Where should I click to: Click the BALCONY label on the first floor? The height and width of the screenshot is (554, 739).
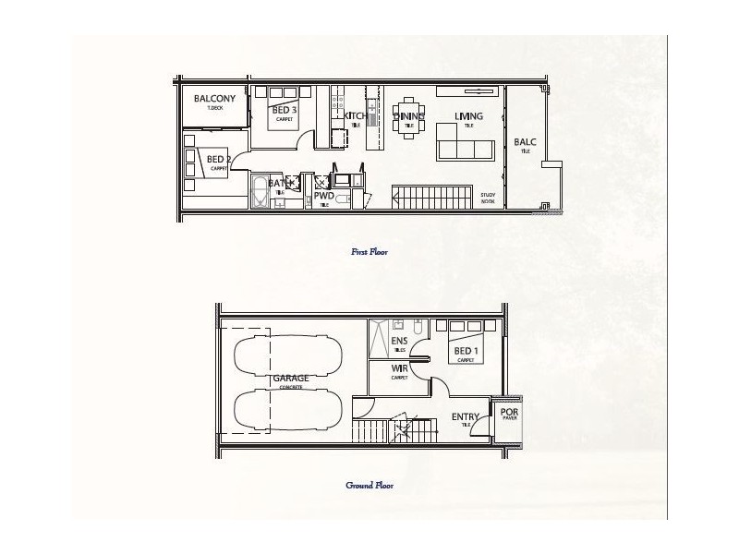click(x=214, y=99)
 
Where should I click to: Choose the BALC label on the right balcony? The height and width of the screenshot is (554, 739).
click(x=525, y=143)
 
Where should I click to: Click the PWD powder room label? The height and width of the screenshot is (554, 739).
click(x=323, y=196)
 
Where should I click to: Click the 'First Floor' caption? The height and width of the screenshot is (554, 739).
click(x=369, y=251)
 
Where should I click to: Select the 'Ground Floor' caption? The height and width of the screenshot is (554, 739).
click(x=369, y=485)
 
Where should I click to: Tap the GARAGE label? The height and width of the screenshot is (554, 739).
click(x=290, y=379)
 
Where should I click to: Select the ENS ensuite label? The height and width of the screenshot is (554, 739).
click(x=399, y=342)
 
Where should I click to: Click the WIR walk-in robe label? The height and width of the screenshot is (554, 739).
click(x=399, y=369)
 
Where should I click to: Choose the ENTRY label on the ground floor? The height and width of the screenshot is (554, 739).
click(x=465, y=417)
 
